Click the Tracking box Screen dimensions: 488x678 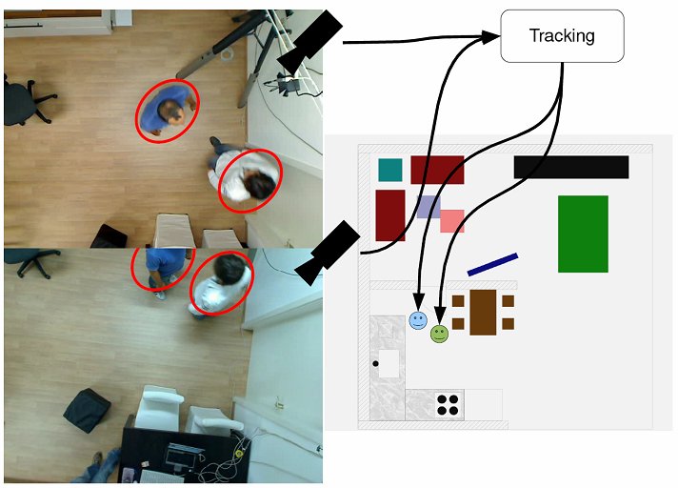pos(562,36)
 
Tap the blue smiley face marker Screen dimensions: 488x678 pos(418,320)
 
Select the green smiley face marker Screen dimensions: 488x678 pos(439,334)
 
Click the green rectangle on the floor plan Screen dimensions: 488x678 pos(583,234)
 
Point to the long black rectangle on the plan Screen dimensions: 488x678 pos(571,167)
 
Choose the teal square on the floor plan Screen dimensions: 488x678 pos(390,170)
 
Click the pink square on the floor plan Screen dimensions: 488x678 pos(452,221)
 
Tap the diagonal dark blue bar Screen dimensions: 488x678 pos(492,264)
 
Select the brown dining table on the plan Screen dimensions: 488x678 pos(484,312)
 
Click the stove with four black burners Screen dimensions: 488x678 pos(449,404)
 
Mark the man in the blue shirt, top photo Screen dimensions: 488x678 pos(168,111)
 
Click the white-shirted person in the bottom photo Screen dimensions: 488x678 pos(222,283)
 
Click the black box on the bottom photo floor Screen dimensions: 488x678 pos(87,411)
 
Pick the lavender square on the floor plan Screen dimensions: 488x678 pos(428,207)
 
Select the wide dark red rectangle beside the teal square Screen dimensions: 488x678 pos(437,170)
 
